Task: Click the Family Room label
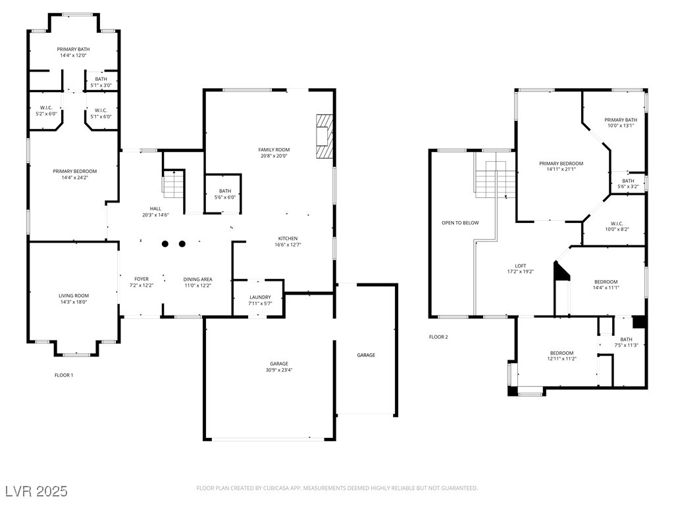coord(274,150)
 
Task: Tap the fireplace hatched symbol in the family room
coord(324,136)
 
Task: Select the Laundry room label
coord(260,297)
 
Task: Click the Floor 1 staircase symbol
coord(173,184)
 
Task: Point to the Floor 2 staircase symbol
coord(495,179)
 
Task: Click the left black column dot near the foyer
coord(165,244)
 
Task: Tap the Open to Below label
coord(460,223)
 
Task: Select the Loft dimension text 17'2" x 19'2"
coord(520,272)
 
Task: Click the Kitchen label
coord(288,239)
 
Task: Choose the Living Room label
coord(74,296)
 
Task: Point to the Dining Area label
coord(197,279)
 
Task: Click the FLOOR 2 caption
coord(438,337)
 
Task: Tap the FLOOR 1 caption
coord(64,375)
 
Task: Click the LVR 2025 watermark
coord(37,491)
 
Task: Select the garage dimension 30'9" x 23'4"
coord(279,370)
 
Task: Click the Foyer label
coord(142,279)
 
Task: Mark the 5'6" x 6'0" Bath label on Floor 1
coord(225,194)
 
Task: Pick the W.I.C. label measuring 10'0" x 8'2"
coord(617,226)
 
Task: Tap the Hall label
coord(155,208)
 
